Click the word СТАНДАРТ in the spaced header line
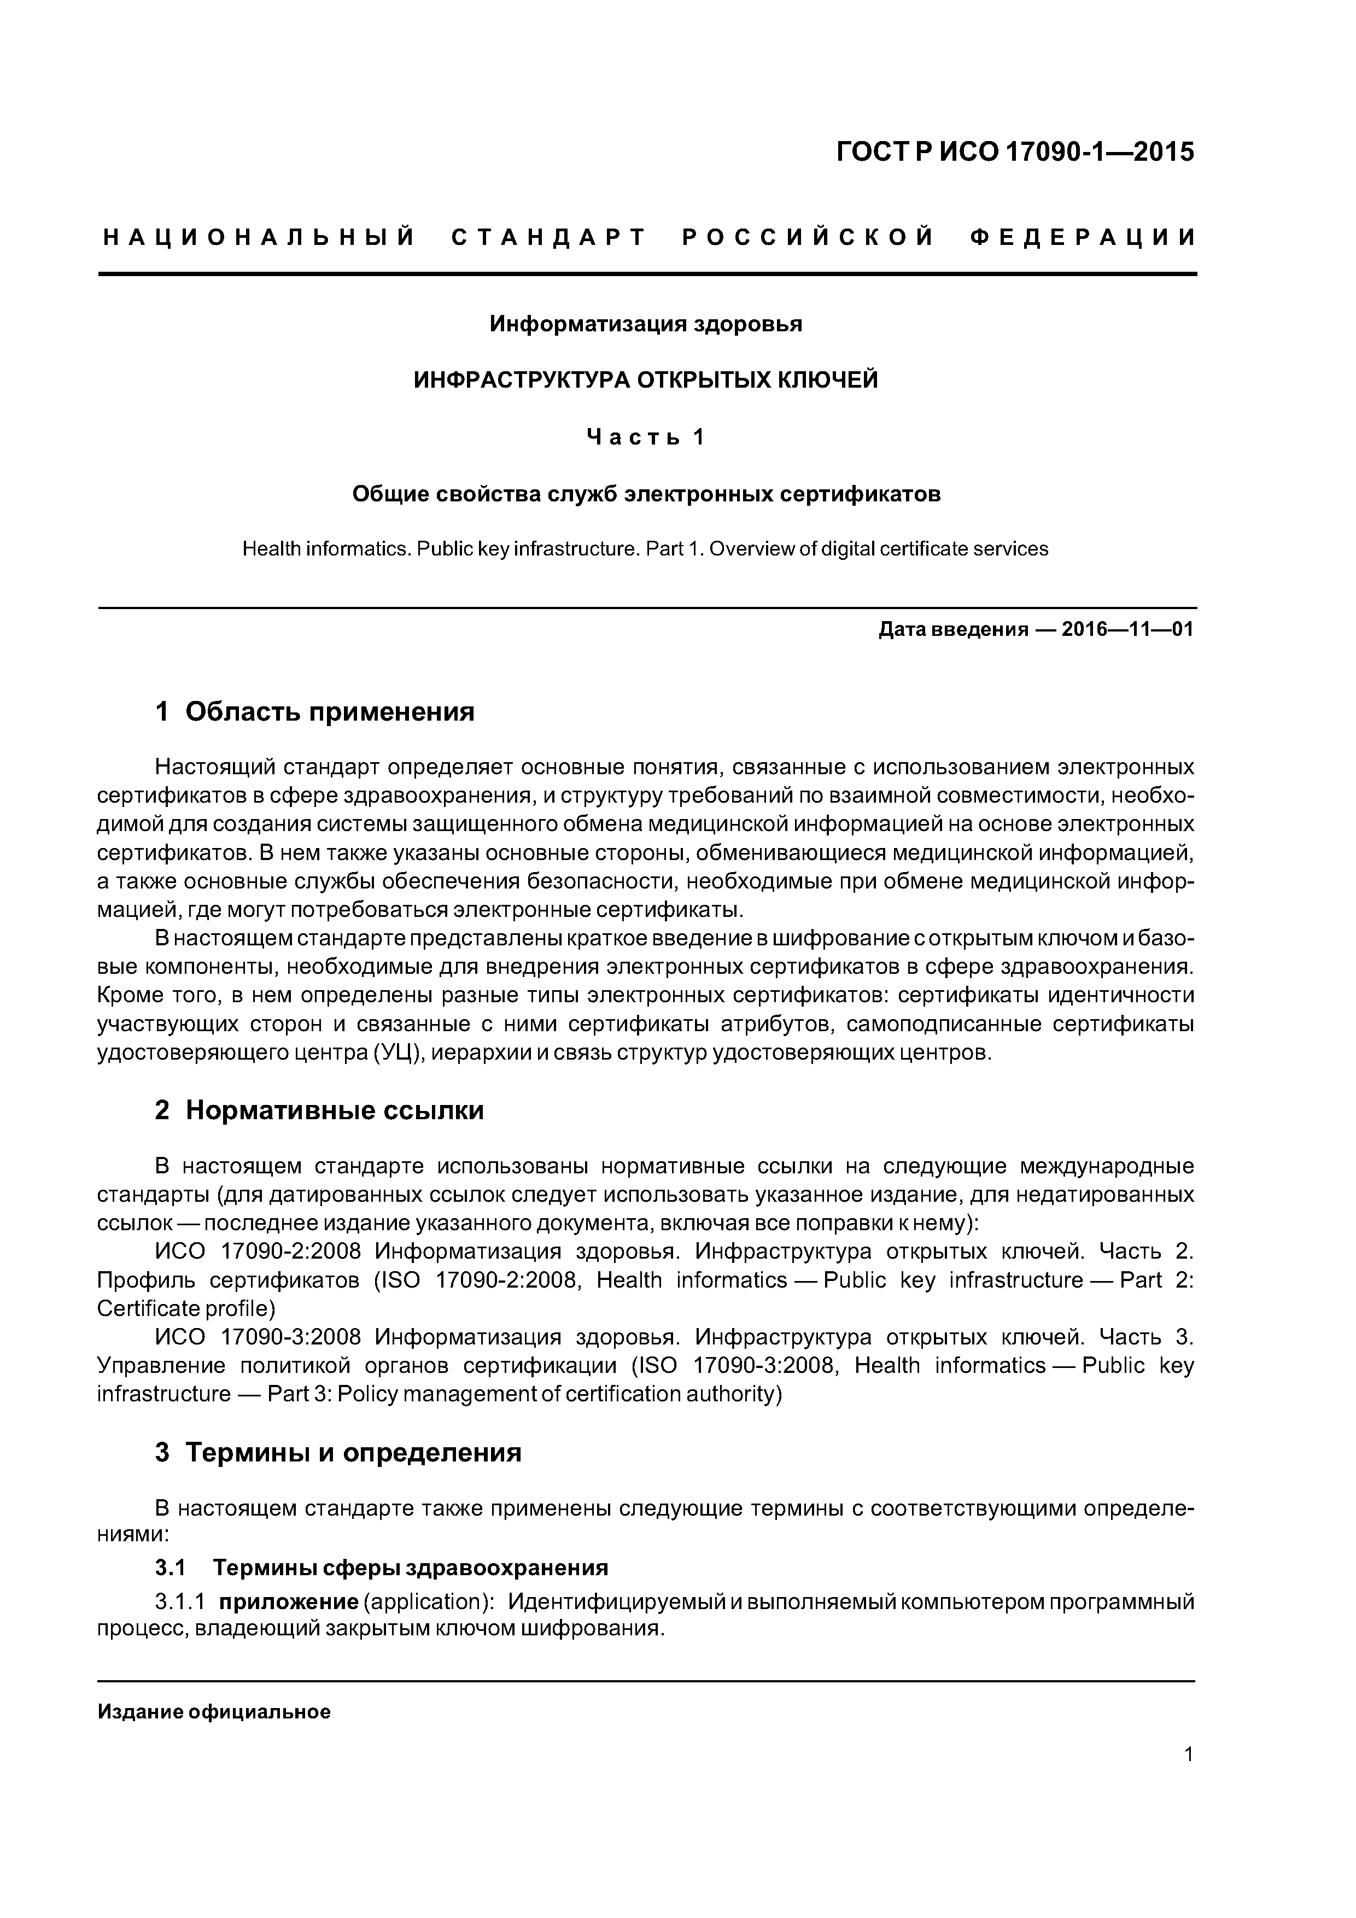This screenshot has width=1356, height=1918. [x=549, y=237]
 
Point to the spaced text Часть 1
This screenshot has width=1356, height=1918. [x=645, y=437]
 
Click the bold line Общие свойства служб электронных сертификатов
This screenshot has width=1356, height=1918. [x=645, y=495]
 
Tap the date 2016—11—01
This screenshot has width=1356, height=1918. [x=1126, y=629]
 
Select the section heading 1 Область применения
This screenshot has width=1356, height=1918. [x=314, y=712]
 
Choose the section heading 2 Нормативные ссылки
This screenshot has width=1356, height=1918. [x=319, y=1110]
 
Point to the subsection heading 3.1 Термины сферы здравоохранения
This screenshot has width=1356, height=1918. [x=381, y=1567]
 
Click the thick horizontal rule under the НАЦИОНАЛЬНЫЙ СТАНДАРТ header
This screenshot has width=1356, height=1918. [x=647, y=273]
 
